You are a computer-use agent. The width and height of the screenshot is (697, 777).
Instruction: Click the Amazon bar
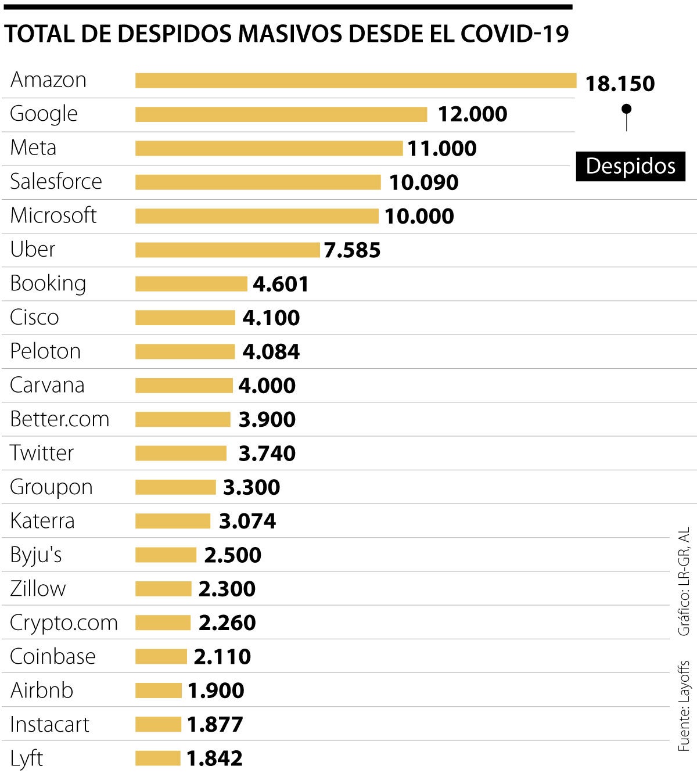pos(355,81)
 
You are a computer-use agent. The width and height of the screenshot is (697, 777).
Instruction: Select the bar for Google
pos(281,114)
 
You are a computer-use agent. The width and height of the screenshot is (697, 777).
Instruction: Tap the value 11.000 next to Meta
pos(442,149)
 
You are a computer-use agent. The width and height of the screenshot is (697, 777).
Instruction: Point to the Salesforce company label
pos(56,182)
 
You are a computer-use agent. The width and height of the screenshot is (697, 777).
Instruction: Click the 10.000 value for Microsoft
pos(419,216)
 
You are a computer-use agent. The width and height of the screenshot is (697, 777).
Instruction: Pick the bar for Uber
pos(227,250)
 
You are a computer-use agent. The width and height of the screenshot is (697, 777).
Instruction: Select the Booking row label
pos(48,283)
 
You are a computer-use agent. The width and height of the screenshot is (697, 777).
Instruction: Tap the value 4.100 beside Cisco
pos(271,318)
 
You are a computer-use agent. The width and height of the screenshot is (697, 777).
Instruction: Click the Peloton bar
pos(185,351)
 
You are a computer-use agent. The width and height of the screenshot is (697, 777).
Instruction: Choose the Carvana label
pos(48,385)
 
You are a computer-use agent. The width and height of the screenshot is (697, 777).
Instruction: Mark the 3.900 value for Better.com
pos(267,419)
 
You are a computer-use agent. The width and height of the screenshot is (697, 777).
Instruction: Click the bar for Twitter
pos(181,453)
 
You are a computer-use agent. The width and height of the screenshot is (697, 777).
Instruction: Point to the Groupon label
pos(52,487)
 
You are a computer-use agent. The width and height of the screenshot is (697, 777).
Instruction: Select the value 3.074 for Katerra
pos(247,521)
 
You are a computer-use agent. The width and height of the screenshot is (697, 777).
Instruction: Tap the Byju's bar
pos(166,555)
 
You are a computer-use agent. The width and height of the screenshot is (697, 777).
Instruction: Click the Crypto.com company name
pos(64,623)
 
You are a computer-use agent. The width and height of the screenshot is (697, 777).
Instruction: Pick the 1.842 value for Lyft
pos(214,758)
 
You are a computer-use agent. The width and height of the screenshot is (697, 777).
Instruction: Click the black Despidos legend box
pos(631,166)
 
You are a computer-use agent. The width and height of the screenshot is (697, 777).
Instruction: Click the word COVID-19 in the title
pos(515,34)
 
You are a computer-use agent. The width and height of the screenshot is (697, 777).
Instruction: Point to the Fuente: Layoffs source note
pos(685,706)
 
